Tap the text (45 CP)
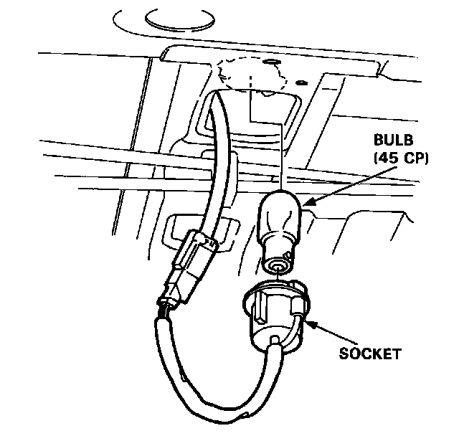[397, 158]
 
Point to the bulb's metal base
[277, 252]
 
